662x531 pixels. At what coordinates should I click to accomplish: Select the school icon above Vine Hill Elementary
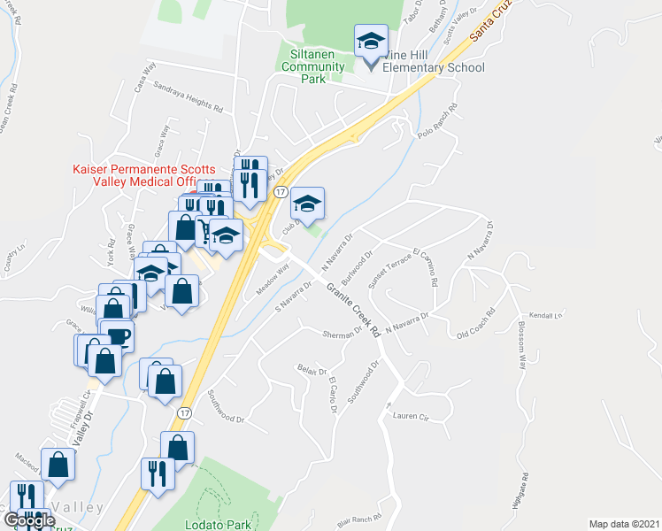click(372, 40)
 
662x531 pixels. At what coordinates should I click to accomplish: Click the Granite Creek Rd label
click(352, 309)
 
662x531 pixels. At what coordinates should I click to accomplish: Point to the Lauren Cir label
click(411, 414)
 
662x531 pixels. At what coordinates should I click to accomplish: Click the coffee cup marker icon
click(118, 336)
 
